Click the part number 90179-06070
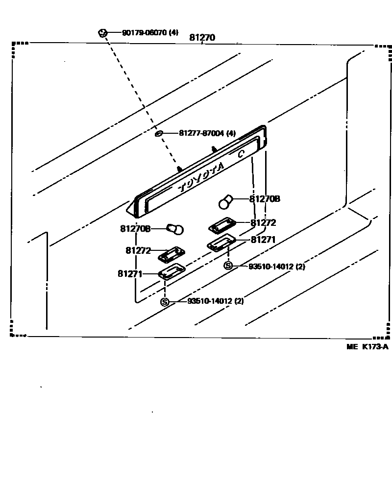click(144, 33)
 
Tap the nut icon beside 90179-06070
click(102, 33)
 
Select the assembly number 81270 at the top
click(203, 38)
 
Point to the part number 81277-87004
click(201, 133)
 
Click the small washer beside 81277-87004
click(159, 133)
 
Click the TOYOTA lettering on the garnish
click(201, 178)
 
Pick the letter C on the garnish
click(241, 154)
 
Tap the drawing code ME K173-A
click(367, 347)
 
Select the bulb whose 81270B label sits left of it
click(175, 228)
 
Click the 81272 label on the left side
click(139, 250)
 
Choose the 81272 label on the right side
click(263, 222)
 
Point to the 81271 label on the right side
click(264, 240)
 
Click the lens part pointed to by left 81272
click(171, 254)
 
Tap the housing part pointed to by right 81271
click(221, 243)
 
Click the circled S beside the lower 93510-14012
click(165, 302)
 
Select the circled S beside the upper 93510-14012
click(228, 266)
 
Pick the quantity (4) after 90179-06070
click(173, 33)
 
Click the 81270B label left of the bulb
click(135, 229)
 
